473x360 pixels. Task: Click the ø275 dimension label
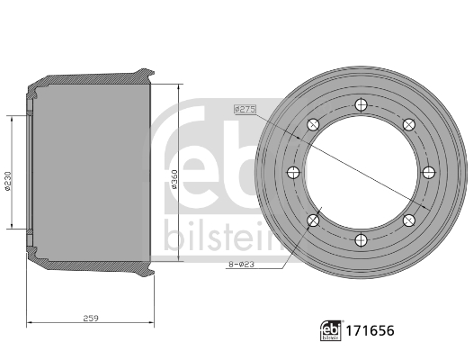pyautogui.click(x=245, y=109)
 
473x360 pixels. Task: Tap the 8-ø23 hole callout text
pyautogui.click(x=241, y=265)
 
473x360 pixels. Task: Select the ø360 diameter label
pyautogui.click(x=174, y=179)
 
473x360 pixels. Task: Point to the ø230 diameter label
pyautogui.click(x=7, y=181)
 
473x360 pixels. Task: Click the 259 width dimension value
pyautogui.click(x=91, y=318)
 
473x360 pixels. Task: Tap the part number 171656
pyautogui.click(x=370, y=330)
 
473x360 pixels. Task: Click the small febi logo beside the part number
pyautogui.click(x=331, y=330)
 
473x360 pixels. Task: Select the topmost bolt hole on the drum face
pyautogui.click(x=361, y=105)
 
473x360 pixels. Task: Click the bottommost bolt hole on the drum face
pyautogui.click(x=361, y=240)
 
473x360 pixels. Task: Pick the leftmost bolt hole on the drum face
pyautogui.click(x=293, y=173)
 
